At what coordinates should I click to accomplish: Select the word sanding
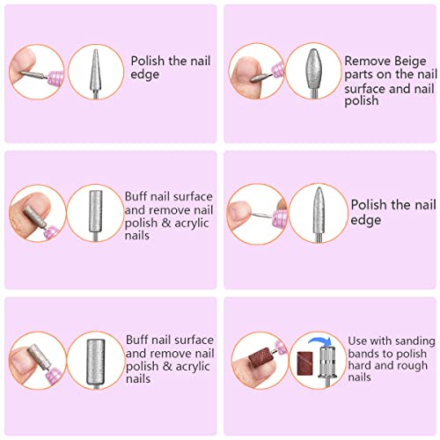[397, 339]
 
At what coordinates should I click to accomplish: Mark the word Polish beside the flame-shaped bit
[370, 204]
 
